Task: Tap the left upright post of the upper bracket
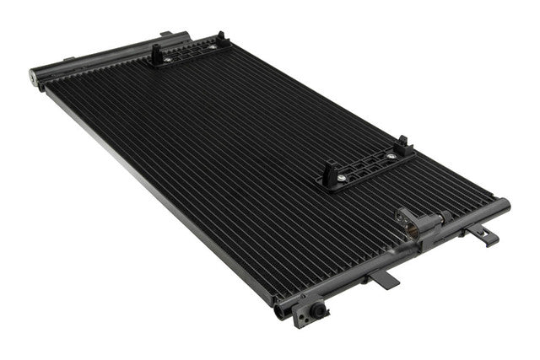[157, 53]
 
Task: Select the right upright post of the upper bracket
[222, 39]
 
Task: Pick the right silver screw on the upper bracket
[210, 47]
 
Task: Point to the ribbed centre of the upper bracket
[190, 53]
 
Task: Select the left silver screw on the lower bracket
[340, 178]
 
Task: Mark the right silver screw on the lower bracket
[391, 156]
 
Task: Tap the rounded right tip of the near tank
[505, 204]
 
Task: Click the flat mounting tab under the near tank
[384, 279]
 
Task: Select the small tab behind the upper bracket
[166, 35]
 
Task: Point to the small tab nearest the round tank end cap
[67, 60]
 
